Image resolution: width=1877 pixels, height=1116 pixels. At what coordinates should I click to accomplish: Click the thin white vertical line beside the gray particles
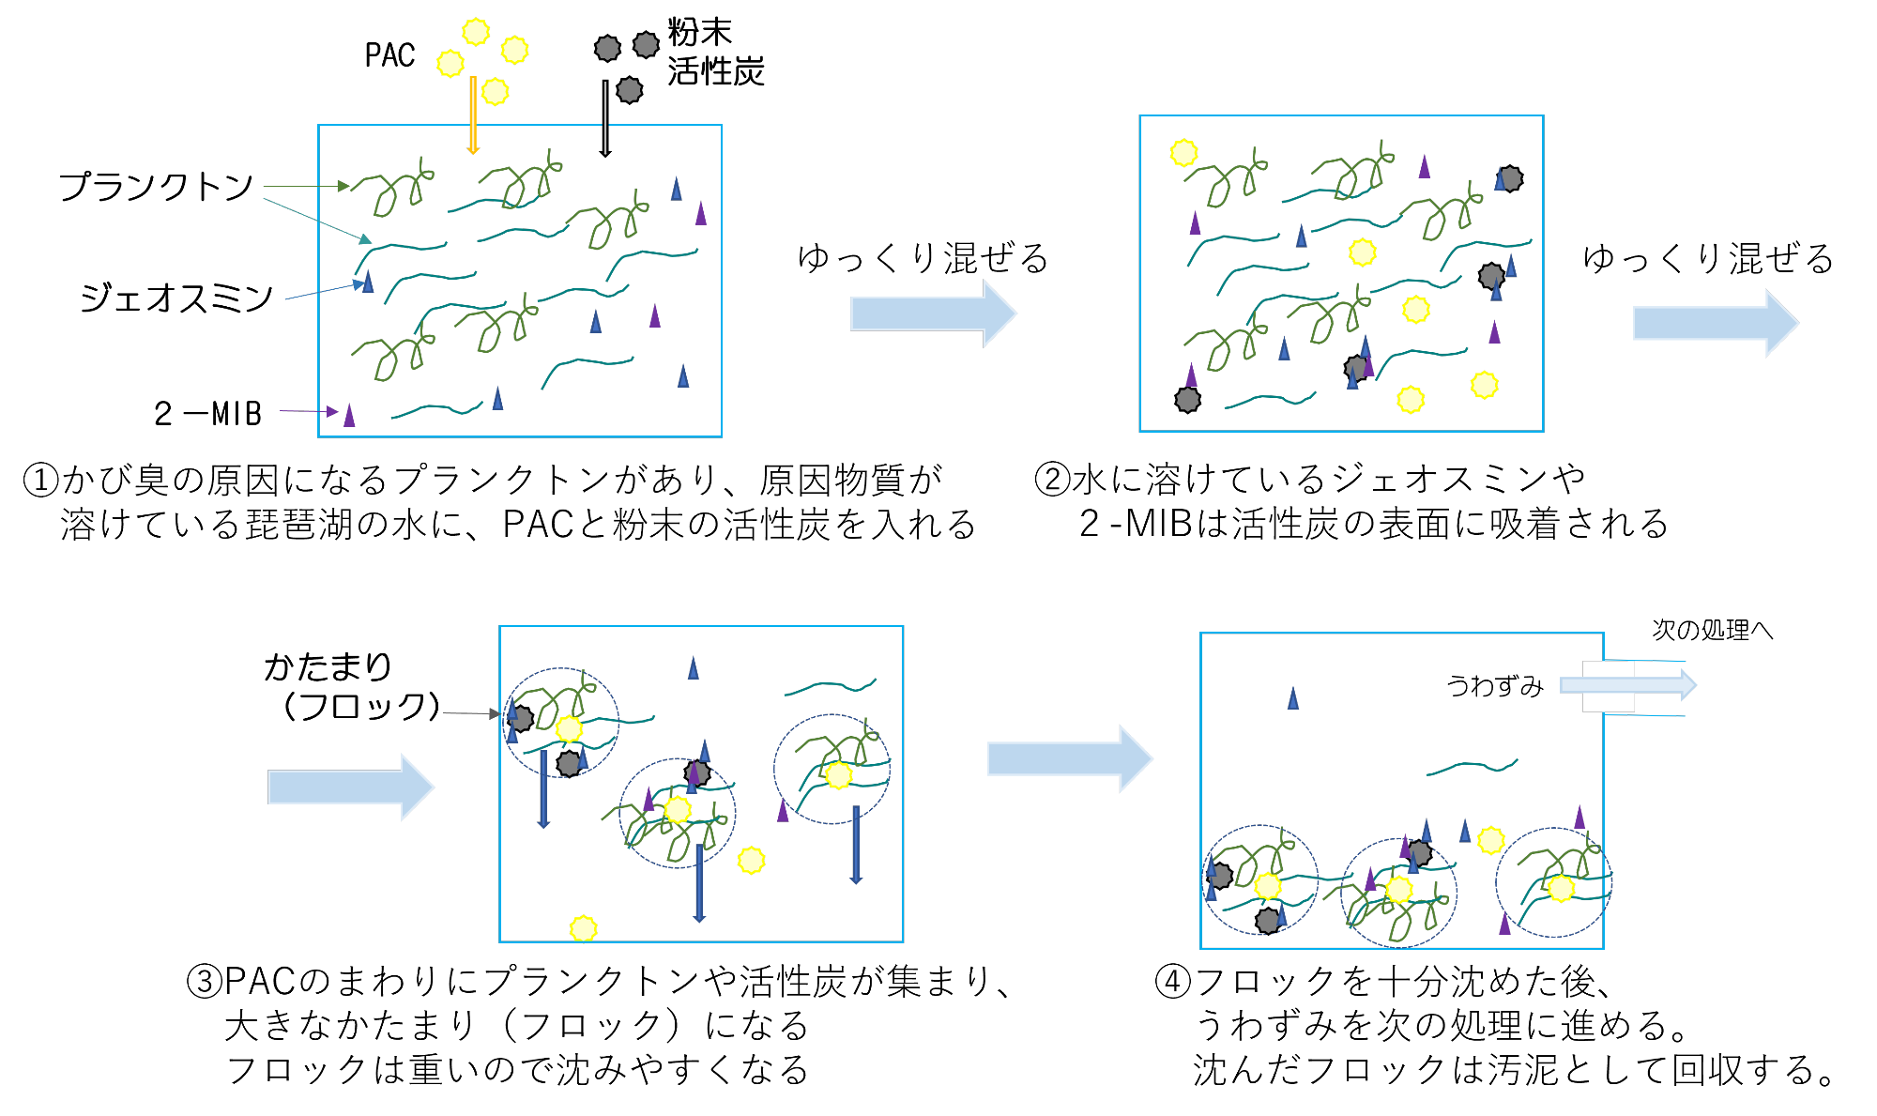(x=605, y=117)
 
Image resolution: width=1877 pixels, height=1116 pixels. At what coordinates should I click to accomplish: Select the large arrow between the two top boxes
(x=933, y=313)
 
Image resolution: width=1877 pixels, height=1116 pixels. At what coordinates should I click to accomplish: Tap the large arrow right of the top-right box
(x=1715, y=323)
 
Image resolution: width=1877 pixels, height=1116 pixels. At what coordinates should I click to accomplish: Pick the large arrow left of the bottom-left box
(x=350, y=787)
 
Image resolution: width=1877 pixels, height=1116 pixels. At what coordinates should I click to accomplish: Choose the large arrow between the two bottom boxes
(x=1069, y=758)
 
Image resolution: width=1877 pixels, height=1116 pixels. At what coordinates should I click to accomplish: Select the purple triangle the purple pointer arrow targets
(x=349, y=416)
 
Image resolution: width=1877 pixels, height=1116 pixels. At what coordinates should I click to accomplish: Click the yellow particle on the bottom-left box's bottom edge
(x=583, y=929)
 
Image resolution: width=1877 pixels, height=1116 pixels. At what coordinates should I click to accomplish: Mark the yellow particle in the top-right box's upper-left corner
(x=1183, y=153)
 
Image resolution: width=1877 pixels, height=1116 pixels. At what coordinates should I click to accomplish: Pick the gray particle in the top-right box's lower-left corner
(x=1187, y=400)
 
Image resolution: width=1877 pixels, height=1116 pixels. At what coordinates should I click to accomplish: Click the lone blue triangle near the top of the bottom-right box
(x=1292, y=697)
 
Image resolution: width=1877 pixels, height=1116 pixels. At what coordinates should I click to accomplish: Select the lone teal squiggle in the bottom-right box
(x=1471, y=768)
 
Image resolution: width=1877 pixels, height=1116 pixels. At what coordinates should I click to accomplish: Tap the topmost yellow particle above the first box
(x=476, y=32)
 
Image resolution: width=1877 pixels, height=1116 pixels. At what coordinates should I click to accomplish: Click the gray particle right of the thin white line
(x=630, y=90)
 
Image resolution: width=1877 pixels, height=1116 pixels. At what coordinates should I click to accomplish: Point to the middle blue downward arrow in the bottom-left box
(x=699, y=882)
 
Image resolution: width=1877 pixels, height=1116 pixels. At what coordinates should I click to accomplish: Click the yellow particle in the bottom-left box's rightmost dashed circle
(x=838, y=775)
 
